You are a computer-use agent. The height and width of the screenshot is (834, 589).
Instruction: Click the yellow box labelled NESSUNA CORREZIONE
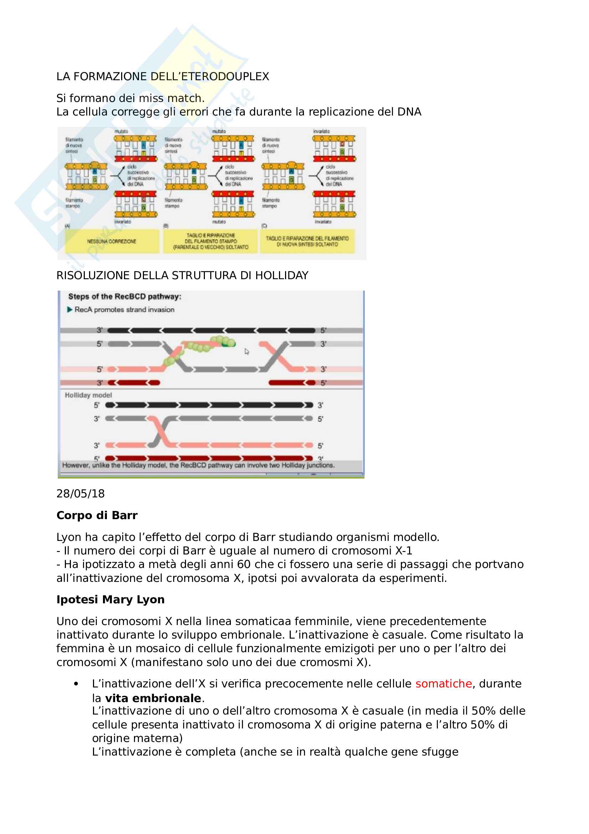tap(112, 241)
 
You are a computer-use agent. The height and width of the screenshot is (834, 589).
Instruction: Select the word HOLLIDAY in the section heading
tap(281, 276)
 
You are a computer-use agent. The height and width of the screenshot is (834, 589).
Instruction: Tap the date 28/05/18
tap(81, 493)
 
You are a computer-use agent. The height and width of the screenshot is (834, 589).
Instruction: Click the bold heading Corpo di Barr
tap(97, 516)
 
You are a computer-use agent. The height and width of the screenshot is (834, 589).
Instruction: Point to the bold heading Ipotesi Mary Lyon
tap(110, 599)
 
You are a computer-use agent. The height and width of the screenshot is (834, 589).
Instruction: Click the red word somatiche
tap(444, 684)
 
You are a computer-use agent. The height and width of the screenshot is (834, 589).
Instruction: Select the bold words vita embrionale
tap(153, 698)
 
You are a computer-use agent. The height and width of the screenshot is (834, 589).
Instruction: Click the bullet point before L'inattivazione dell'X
tap(76, 684)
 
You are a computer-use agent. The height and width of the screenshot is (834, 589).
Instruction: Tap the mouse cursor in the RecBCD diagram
tap(247, 352)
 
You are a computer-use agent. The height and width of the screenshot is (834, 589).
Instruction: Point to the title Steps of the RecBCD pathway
tap(124, 296)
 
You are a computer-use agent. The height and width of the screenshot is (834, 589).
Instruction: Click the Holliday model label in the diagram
tap(88, 395)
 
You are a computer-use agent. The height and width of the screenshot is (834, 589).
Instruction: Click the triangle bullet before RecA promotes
tap(70, 309)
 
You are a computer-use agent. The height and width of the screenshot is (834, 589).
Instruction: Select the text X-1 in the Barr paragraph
tap(404, 551)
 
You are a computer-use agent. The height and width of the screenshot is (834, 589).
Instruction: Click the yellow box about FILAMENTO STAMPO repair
tap(211, 241)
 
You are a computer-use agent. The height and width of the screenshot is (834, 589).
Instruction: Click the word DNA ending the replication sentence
tap(409, 112)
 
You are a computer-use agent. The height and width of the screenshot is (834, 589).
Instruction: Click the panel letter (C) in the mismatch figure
tap(264, 226)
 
